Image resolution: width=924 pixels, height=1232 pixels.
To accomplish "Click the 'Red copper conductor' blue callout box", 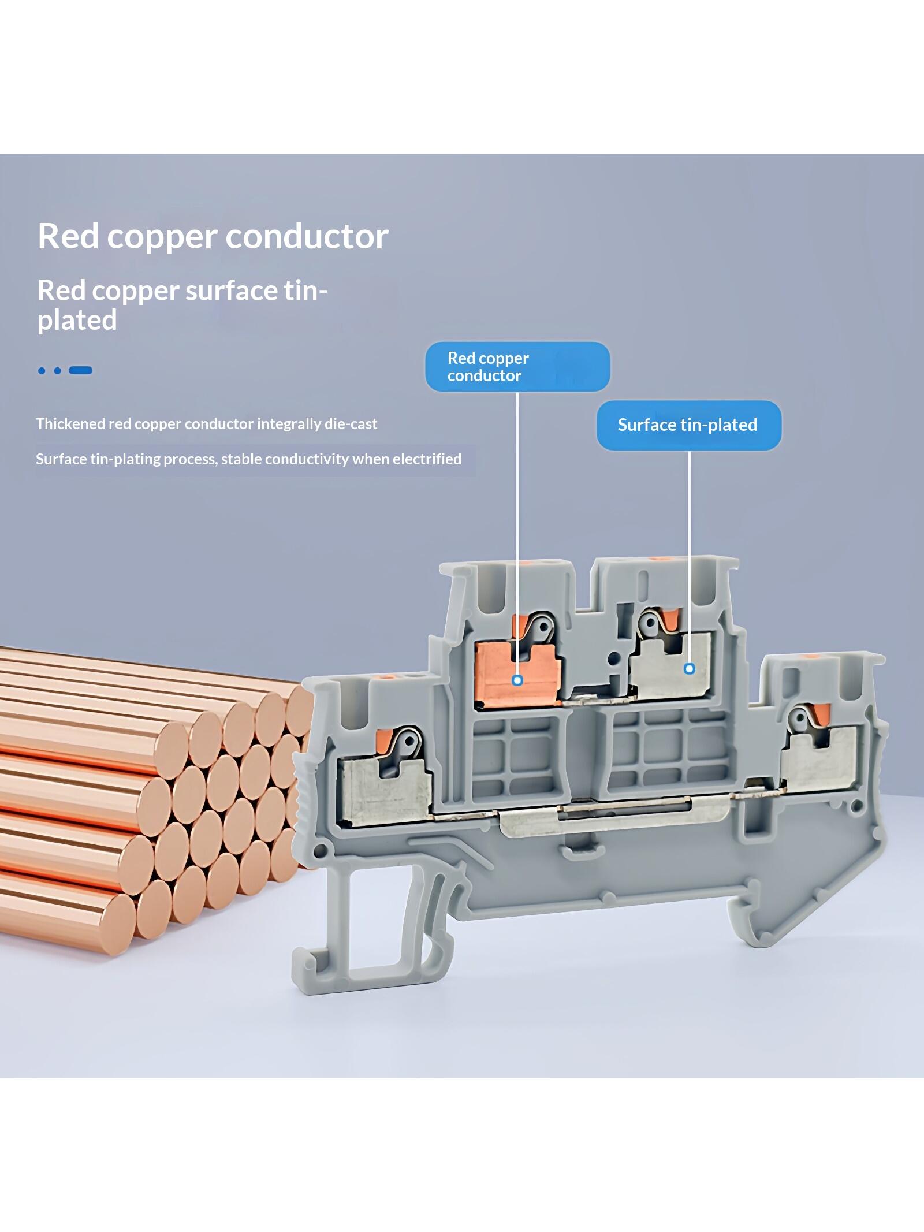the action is pos(517,367).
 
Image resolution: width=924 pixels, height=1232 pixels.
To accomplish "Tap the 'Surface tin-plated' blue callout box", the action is pos(688,425).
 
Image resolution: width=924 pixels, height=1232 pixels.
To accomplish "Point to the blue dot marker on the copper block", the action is pos(517,680).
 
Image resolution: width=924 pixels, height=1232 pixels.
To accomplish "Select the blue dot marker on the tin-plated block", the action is pos(689,669).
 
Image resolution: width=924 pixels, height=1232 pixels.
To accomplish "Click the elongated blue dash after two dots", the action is pos(80,370).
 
